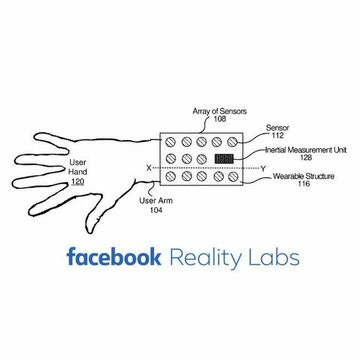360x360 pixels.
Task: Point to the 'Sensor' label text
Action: (x=277, y=129)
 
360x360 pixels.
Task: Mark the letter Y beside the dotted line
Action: (x=262, y=168)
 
